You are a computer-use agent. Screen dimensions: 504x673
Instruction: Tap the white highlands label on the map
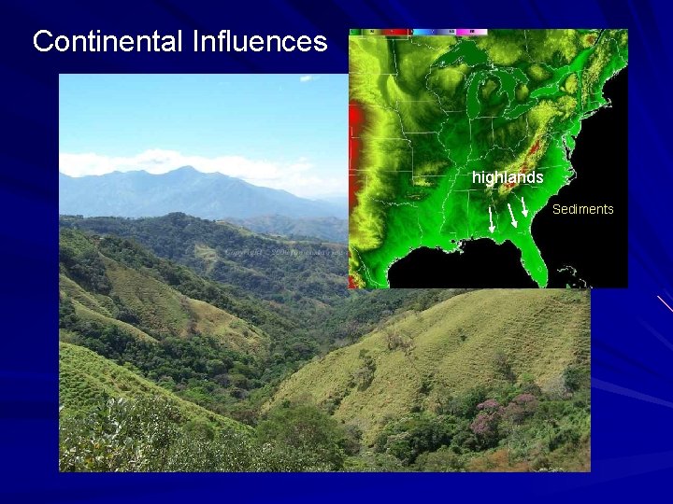click(x=508, y=177)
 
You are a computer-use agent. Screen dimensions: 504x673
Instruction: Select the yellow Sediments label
click(x=582, y=209)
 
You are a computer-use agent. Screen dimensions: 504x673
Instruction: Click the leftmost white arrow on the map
click(x=493, y=220)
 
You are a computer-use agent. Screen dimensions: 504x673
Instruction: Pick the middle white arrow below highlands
click(x=512, y=216)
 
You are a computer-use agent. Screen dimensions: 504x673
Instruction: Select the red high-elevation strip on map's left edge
click(x=353, y=131)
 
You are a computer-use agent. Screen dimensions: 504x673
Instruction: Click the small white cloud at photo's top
click(x=307, y=79)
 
